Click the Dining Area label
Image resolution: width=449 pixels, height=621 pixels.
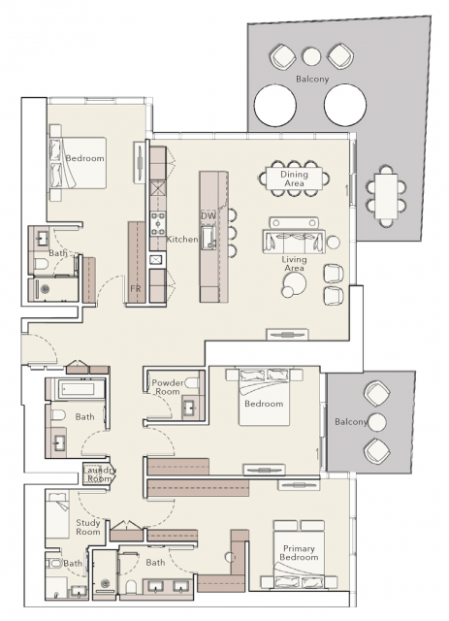(294, 179)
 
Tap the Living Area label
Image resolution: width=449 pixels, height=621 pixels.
(294, 264)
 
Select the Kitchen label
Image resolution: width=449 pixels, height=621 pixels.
(181, 240)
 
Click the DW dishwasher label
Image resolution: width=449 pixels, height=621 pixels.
(208, 215)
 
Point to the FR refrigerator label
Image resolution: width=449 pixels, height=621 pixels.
(136, 289)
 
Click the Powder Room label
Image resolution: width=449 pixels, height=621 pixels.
(168, 387)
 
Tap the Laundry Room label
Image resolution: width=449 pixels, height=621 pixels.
(99, 474)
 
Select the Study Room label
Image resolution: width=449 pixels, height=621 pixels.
(88, 527)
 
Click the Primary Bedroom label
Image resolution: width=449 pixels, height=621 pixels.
(299, 553)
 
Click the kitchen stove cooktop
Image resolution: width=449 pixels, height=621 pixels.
(157, 224)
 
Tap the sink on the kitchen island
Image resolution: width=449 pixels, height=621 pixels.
(208, 238)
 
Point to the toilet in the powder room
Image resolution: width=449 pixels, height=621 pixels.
(192, 383)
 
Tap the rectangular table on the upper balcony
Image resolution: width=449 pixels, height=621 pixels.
(386, 197)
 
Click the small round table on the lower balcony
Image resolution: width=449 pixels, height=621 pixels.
(376, 422)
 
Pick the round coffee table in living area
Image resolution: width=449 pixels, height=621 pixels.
(295, 283)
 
